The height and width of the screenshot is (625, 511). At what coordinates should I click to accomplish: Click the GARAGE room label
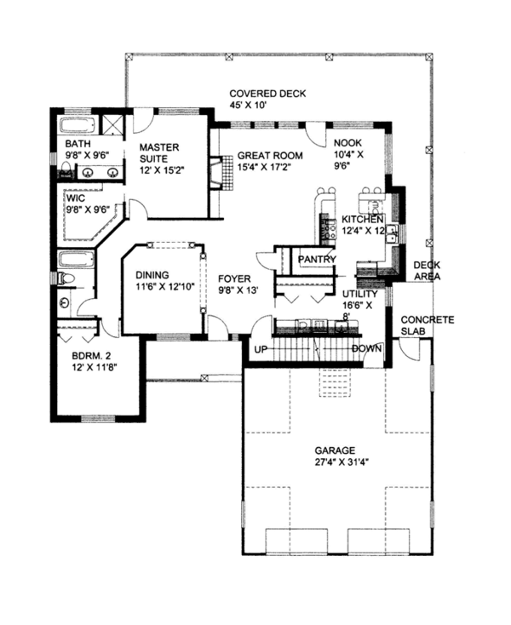tap(335, 450)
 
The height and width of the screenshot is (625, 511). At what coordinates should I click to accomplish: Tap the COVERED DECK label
tap(267, 94)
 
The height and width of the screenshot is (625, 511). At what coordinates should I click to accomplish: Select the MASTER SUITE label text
tap(159, 153)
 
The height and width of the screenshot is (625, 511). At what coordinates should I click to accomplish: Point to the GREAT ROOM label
tap(270, 156)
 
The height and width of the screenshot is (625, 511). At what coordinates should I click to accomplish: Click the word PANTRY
tap(317, 260)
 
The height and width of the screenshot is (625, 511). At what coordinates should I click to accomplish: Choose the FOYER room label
tap(234, 279)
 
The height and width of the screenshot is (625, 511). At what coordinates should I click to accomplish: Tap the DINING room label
tap(152, 275)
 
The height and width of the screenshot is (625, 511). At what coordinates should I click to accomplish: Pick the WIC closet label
tap(76, 198)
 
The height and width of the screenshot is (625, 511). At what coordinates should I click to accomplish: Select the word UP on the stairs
tap(261, 350)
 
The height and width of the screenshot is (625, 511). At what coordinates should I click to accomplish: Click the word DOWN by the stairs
tap(367, 349)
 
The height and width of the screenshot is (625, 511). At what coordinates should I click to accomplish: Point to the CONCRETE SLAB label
tap(428, 325)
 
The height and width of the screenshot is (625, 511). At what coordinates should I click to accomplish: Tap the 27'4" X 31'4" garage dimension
tap(342, 462)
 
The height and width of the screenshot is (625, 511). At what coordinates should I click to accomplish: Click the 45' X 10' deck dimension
tap(248, 106)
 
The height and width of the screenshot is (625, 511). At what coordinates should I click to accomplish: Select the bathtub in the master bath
tap(78, 125)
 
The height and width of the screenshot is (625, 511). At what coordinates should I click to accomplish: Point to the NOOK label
tap(348, 143)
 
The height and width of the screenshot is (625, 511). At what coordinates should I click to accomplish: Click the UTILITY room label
tap(360, 294)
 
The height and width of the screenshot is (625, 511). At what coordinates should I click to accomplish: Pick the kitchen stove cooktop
tap(328, 230)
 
